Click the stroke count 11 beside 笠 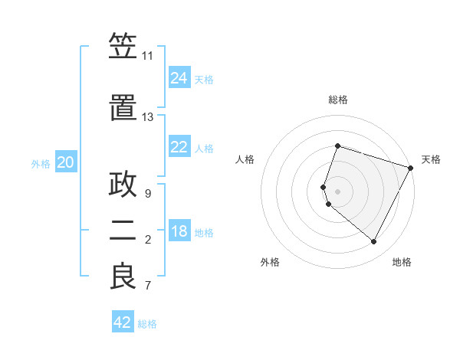[x=147, y=56]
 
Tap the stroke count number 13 [x=147, y=117]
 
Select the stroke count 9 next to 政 [x=147, y=194]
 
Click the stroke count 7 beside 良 [x=147, y=286]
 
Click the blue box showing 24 [x=179, y=77]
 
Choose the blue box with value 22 [x=179, y=147]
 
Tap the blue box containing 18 [x=179, y=231]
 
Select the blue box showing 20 [x=66, y=162]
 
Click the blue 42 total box [x=123, y=322]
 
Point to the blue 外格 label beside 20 [x=41, y=163]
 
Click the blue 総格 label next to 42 [x=148, y=323]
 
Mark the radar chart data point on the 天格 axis [x=411, y=169]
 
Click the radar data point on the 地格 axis [x=374, y=242]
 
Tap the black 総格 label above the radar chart [x=338, y=100]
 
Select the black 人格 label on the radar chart [x=245, y=159]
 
